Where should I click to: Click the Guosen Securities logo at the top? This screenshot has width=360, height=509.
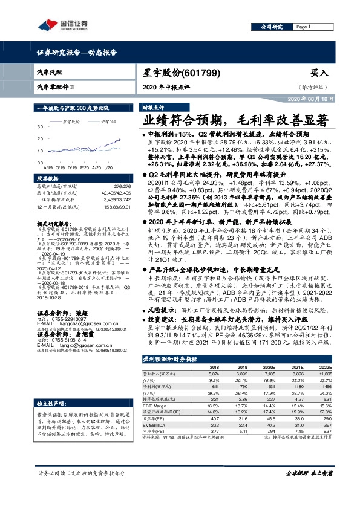pyautogui.click(x=61, y=25)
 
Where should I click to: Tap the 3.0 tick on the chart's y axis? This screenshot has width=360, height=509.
pyautogui.click(x=41, y=127)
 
